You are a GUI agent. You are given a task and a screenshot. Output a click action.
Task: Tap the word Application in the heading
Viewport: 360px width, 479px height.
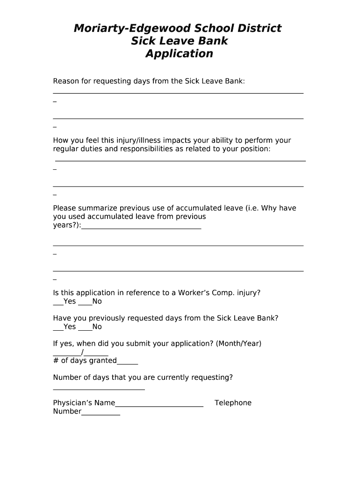[179, 54]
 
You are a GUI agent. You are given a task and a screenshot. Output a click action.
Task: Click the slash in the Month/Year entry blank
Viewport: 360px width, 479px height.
[82, 352]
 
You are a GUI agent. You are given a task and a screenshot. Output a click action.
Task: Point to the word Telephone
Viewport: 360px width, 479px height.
[233, 403]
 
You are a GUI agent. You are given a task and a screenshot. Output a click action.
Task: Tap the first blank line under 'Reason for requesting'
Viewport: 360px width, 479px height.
[178, 93]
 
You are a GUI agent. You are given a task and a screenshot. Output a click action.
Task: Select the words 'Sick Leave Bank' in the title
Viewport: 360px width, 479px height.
[179, 41]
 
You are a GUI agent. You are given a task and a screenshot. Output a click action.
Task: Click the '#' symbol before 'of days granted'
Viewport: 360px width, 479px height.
[56, 361]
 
